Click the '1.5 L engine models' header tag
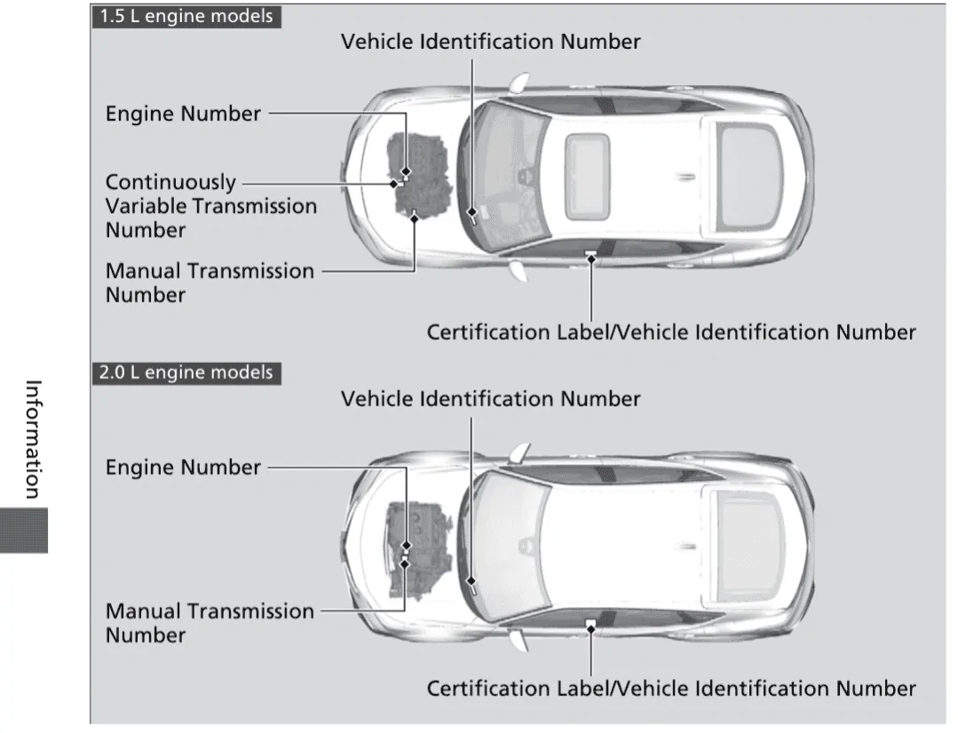[x=186, y=17]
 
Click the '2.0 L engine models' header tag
[x=186, y=372]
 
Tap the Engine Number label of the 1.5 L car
[x=183, y=114]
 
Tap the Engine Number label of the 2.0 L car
[x=183, y=468]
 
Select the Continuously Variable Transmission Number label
[x=210, y=206]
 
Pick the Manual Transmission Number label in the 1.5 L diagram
[x=210, y=282]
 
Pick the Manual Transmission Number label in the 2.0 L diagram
[x=210, y=622]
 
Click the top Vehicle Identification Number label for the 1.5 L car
[x=490, y=42]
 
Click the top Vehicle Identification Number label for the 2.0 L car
[x=490, y=398]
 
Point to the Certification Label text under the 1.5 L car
[x=670, y=333]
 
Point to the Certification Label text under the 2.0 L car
[x=670, y=689]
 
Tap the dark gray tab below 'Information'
[x=25, y=531]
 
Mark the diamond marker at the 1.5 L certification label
[x=591, y=257]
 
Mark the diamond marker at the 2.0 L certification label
[x=591, y=627]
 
